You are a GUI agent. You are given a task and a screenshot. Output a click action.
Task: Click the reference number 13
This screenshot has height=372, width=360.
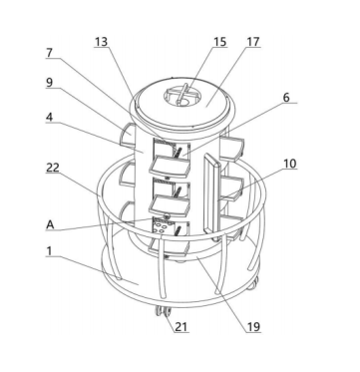tap(101, 42)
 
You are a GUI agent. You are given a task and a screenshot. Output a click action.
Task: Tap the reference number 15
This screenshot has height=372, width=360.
tap(219, 42)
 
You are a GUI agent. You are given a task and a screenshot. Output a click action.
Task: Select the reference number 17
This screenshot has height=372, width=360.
tap(253, 42)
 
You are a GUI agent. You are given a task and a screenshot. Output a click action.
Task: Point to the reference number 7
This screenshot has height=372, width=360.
tap(50, 53)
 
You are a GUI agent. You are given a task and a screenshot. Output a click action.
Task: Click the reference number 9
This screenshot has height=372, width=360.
tap(50, 83)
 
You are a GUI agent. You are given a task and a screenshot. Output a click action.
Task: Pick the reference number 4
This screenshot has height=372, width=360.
tap(50, 118)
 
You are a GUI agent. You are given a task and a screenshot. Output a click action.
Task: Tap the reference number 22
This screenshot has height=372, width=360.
tap(53, 168)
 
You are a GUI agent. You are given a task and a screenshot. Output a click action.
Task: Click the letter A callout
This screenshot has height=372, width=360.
tap(50, 224)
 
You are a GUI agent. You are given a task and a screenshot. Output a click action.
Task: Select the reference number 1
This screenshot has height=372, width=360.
tap(49, 251)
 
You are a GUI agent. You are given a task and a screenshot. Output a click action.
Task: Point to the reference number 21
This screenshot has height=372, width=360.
tap(180, 327)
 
